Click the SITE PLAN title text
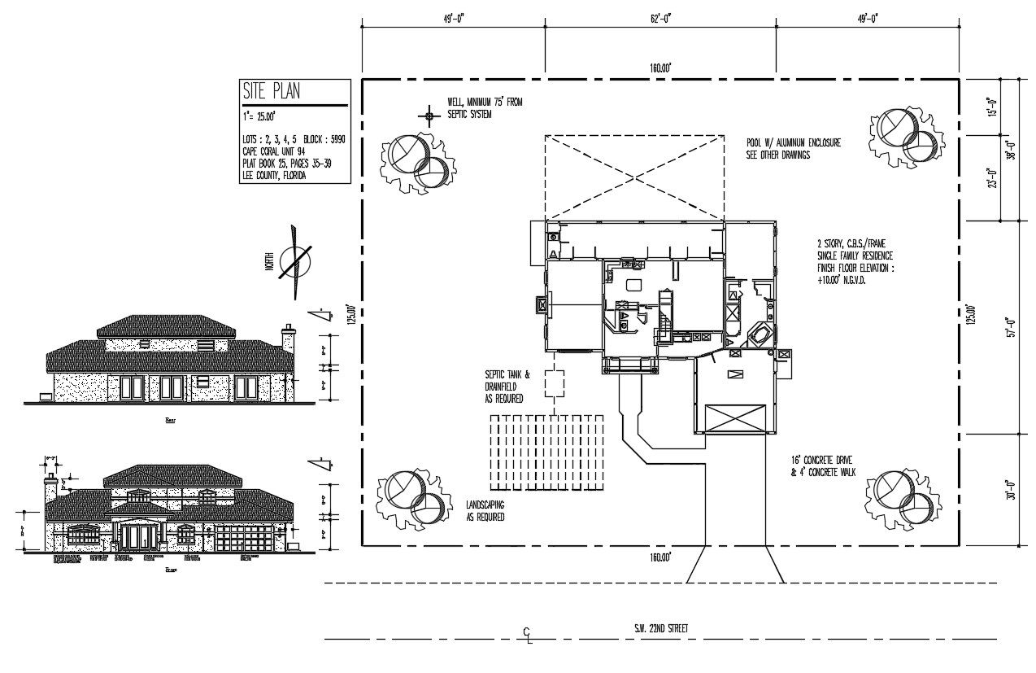click(271, 91)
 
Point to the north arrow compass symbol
click(294, 261)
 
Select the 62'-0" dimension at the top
click(659, 18)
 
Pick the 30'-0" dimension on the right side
click(1011, 489)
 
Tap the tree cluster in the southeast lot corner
click(902, 495)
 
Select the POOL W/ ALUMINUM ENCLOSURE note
click(793, 147)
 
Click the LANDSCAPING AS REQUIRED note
click(485, 510)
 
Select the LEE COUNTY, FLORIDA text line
click(274, 175)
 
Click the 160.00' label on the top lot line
click(659, 69)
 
